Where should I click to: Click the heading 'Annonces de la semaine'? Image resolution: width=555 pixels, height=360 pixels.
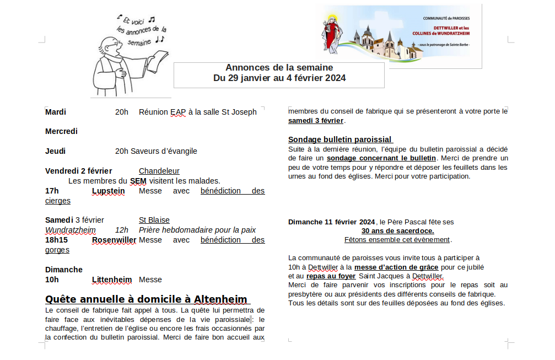(x=279, y=67)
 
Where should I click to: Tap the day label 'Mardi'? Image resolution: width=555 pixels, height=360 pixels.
(x=56, y=112)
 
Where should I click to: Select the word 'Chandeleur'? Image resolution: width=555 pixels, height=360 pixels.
(x=159, y=171)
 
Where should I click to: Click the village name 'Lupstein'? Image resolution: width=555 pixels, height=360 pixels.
(x=108, y=191)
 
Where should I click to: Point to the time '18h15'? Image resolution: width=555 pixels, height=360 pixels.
(x=56, y=240)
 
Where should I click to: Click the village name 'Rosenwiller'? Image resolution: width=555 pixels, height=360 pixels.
(x=114, y=240)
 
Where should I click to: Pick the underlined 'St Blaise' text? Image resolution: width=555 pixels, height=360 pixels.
(x=154, y=220)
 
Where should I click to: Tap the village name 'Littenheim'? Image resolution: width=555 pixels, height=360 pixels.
(x=112, y=280)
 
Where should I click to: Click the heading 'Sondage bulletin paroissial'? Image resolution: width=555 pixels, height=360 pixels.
(x=340, y=139)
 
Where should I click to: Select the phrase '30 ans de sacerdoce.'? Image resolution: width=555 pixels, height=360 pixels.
(x=397, y=230)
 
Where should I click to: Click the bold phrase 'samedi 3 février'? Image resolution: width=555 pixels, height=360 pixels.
(x=316, y=121)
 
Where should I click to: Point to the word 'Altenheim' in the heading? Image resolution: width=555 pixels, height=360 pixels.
(x=220, y=299)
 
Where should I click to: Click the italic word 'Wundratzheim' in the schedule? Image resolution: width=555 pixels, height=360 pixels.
(x=70, y=230)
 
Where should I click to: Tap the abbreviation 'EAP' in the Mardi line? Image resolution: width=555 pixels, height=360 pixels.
(x=178, y=112)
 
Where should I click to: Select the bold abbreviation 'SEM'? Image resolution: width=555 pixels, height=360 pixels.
(x=138, y=181)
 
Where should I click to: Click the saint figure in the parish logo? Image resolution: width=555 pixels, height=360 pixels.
(x=332, y=31)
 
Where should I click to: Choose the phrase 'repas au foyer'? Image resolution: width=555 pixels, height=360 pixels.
(x=331, y=276)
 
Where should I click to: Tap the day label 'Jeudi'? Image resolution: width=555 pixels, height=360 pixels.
(x=55, y=151)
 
